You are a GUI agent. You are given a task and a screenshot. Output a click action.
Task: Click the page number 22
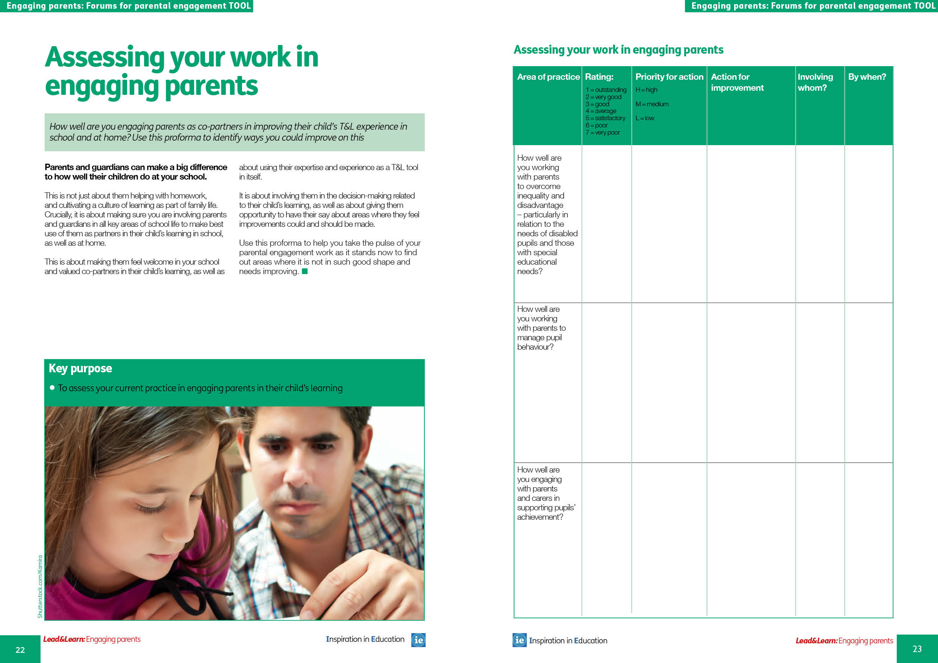pyautogui.click(x=20, y=649)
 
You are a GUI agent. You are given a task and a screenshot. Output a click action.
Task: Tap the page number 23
pyautogui.click(x=917, y=649)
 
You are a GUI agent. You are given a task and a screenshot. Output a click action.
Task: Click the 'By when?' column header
pyautogui.click(x=867, y=77)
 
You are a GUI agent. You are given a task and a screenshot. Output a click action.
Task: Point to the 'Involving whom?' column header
pyautogui.click(x=815, y=82)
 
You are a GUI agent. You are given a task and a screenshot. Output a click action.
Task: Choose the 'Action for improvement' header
pyautogui.click(x=737, y=82)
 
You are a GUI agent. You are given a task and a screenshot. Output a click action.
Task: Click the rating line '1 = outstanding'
pyautogui.click(x=606, y=90)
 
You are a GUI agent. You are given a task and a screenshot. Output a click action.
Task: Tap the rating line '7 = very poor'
pyautogui.click(x=603, y=133)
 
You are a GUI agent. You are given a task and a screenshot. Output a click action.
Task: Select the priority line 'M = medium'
pyautogui.click(x=652, y=104)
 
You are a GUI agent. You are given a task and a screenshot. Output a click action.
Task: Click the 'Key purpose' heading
pyautogui.click(x=81, y=368)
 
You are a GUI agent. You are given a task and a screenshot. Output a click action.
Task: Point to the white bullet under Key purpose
pyautogui.click(x=52, y=387)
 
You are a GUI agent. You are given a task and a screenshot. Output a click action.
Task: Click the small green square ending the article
pyautogui.click(x=304, y=271)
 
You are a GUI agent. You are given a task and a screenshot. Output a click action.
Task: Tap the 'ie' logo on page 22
pyautogui.click(x=418, y=640)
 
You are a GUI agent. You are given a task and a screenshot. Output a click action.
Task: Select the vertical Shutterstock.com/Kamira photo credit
pyautogui.click(x=40, y=586)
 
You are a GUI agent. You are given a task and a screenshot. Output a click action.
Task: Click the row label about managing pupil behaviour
pyautogui.click(x=541, y=328)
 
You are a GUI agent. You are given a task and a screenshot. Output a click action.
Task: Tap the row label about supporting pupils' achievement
pyautogui.click(x=545, y=493)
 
